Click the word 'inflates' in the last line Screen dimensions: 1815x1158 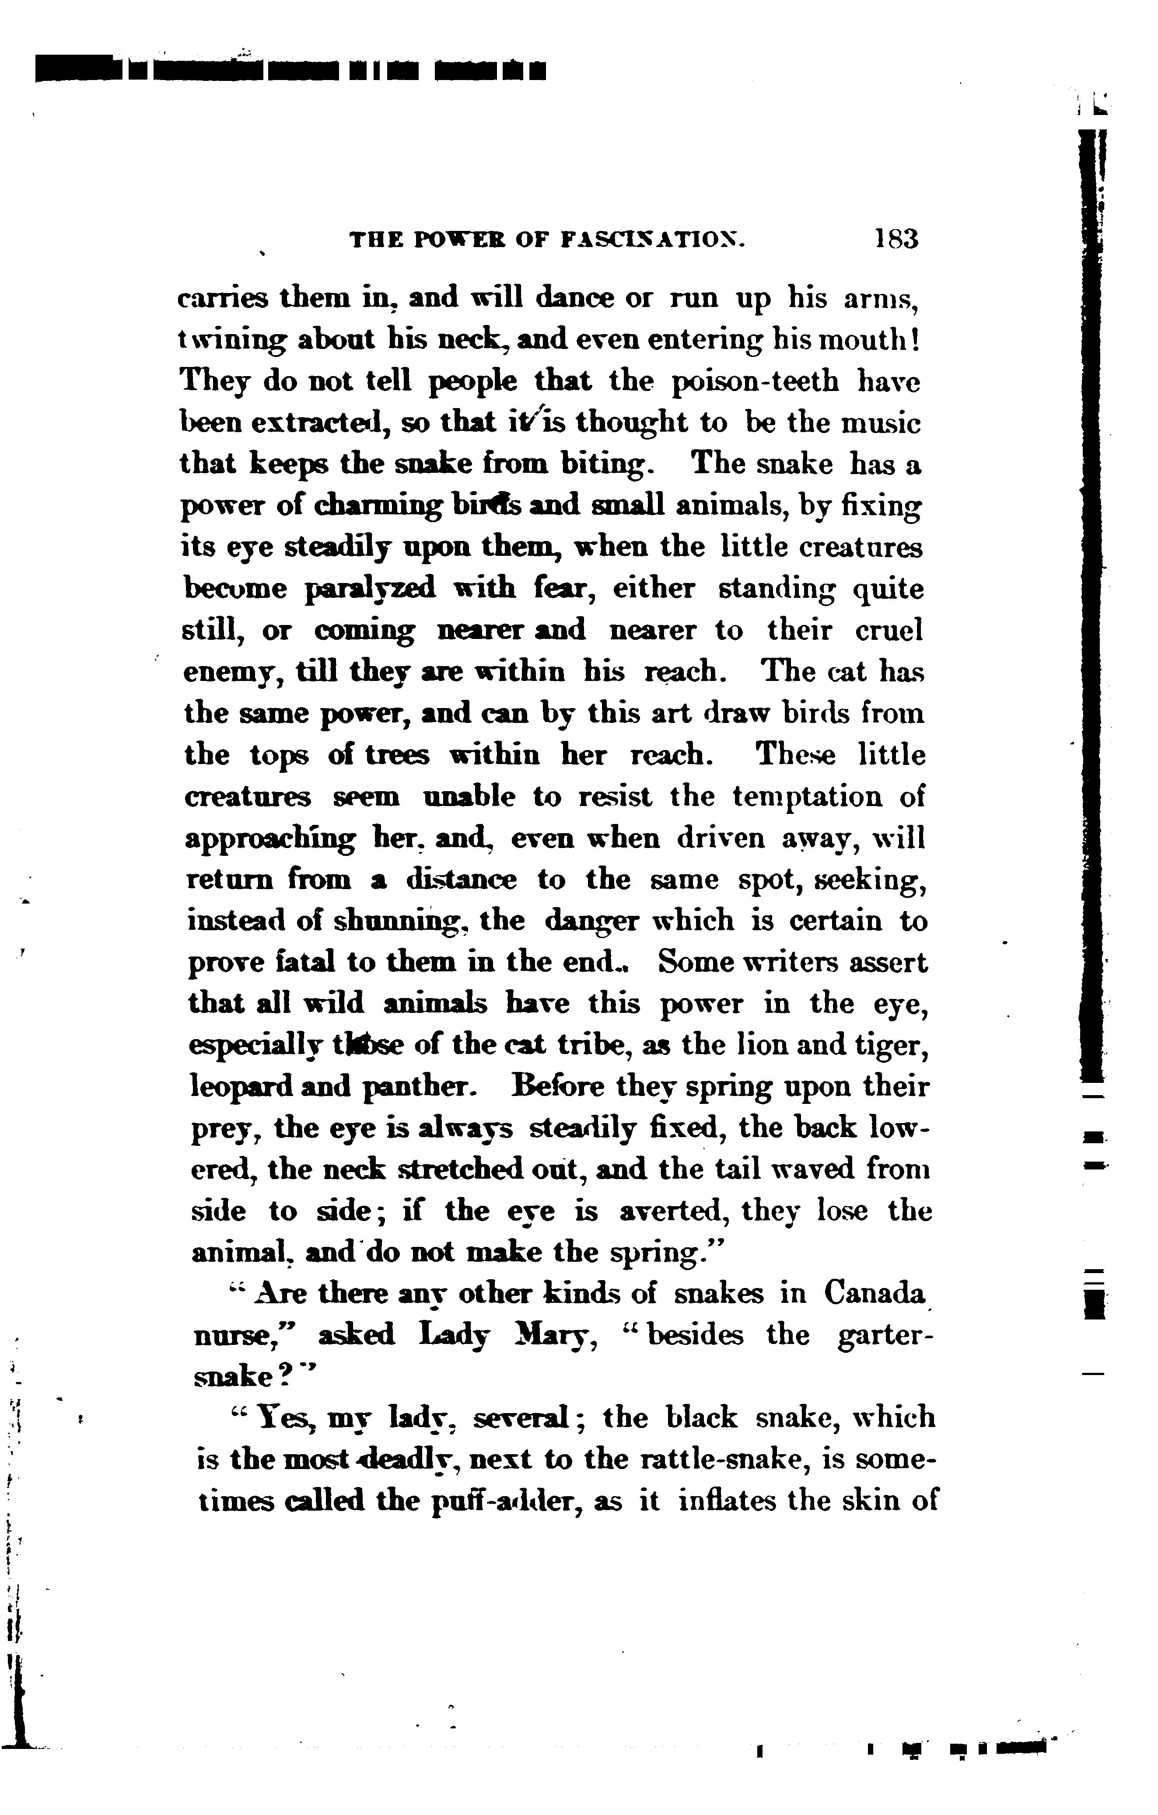click(x=725, y=1501)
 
